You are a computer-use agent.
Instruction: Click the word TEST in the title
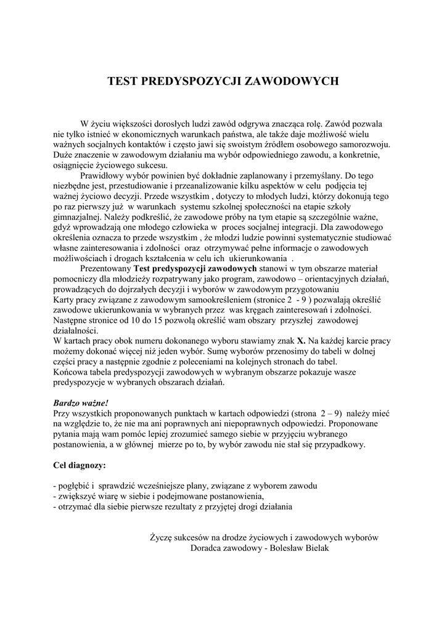[123, 81]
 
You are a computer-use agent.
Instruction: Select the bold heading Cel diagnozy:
[80, 464]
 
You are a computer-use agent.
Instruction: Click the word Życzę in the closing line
[162, 537]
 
